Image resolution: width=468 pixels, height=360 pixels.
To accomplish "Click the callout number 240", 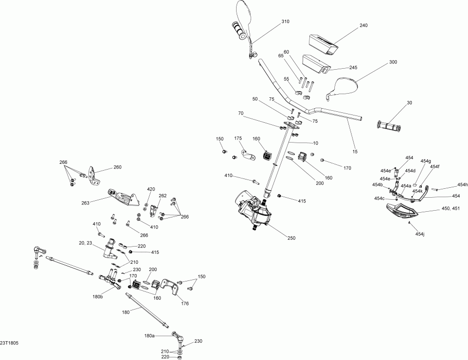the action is (x=363, y=25).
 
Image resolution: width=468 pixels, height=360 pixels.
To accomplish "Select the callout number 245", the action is (x=354, y=68).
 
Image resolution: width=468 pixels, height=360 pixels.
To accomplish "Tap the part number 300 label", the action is (x=394, y=62).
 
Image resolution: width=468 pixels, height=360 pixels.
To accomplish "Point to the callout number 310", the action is (x=285, y=21).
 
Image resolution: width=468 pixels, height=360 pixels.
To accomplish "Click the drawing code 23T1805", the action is (x=9, y=343).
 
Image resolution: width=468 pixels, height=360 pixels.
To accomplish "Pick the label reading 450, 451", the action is (x=451, y=209).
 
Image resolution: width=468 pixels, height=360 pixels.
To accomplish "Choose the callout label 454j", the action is (x=420, y=234).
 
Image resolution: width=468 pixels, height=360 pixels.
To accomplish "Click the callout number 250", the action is (x=291, y=238).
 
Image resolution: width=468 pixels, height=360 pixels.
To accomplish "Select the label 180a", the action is (x=150, y=336).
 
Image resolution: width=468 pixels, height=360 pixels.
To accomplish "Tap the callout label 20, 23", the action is (x=86, y=243).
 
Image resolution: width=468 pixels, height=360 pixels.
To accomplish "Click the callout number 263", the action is (x=85, y=203).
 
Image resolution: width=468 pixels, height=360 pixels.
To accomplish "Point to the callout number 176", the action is (x=185, y=304).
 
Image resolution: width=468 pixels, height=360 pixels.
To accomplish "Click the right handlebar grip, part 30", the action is (x=389, y=126).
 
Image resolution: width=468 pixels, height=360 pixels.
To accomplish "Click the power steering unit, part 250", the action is (x=254, y=211).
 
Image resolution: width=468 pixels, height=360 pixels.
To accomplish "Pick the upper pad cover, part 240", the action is (x=323, y=44).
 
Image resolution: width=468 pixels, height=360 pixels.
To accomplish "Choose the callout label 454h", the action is (x=463, y=185).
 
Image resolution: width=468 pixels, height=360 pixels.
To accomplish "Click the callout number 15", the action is (x=355, y=151).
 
